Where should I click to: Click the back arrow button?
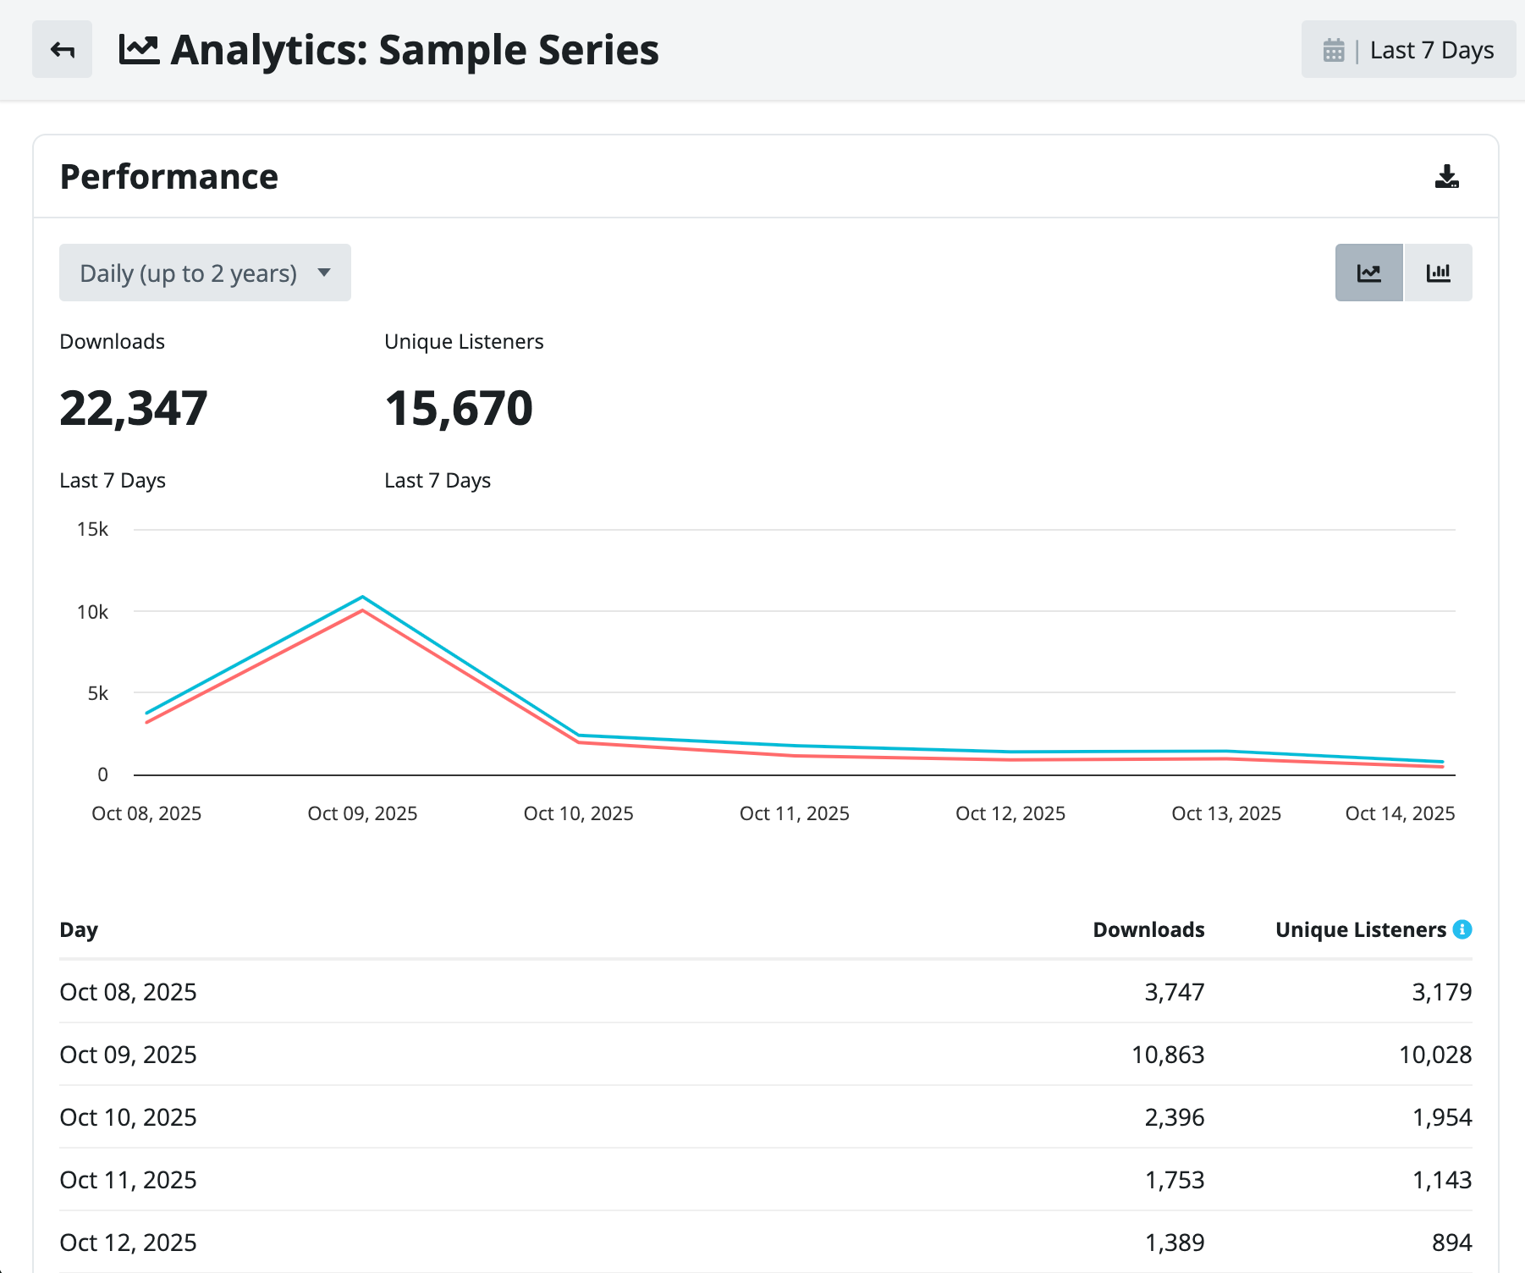[62, 49]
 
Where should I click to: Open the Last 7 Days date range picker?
[1408, 49]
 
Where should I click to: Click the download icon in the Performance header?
[1446, 176]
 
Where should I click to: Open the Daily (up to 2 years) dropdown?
[205, 273]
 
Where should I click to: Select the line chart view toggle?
[1368, 273]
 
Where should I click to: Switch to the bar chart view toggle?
[1438, 273]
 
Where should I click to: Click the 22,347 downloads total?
[134, 408]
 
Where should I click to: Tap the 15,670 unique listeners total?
[459, 408]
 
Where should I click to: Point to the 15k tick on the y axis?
[92, 529]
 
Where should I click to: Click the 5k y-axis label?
[98, 693]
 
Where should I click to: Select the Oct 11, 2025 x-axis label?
[795, 813]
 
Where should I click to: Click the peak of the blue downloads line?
[362, 597]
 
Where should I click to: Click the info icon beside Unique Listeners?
[1462, 929]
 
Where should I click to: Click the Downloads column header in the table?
[1148, 929]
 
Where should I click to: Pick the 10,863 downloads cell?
[1168, 1055]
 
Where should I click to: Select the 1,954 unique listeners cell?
[1442, 1117]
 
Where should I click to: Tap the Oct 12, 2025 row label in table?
[128, 1243]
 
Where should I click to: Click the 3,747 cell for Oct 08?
[1175, 992]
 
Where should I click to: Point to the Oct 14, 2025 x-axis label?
[1401, 813]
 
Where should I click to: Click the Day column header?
[79, 930]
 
